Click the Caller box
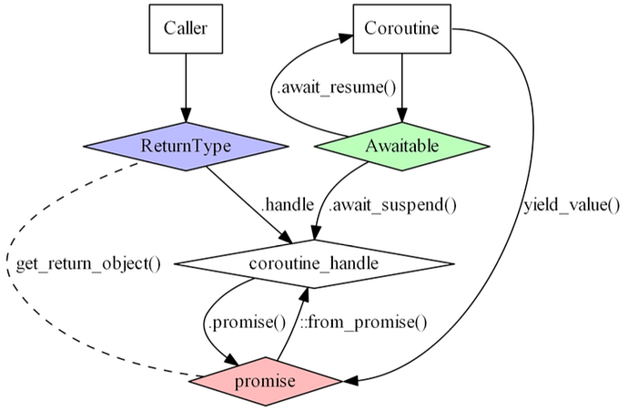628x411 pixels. (186, 28)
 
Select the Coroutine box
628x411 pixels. (401, 28)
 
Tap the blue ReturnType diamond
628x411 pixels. (186, 146)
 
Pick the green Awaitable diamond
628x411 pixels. (401, 146)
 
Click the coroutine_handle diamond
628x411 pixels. (312, 264)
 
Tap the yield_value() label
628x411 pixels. (571, 204)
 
